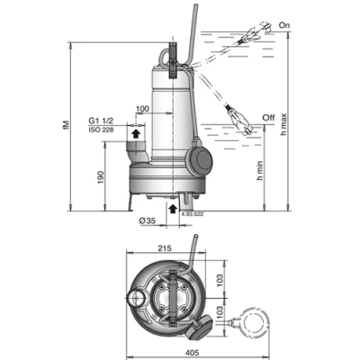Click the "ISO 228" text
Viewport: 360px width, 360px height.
(100, 129)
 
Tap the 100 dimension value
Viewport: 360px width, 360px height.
(141, 109)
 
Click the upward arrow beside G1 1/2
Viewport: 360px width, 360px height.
(135, 132)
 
